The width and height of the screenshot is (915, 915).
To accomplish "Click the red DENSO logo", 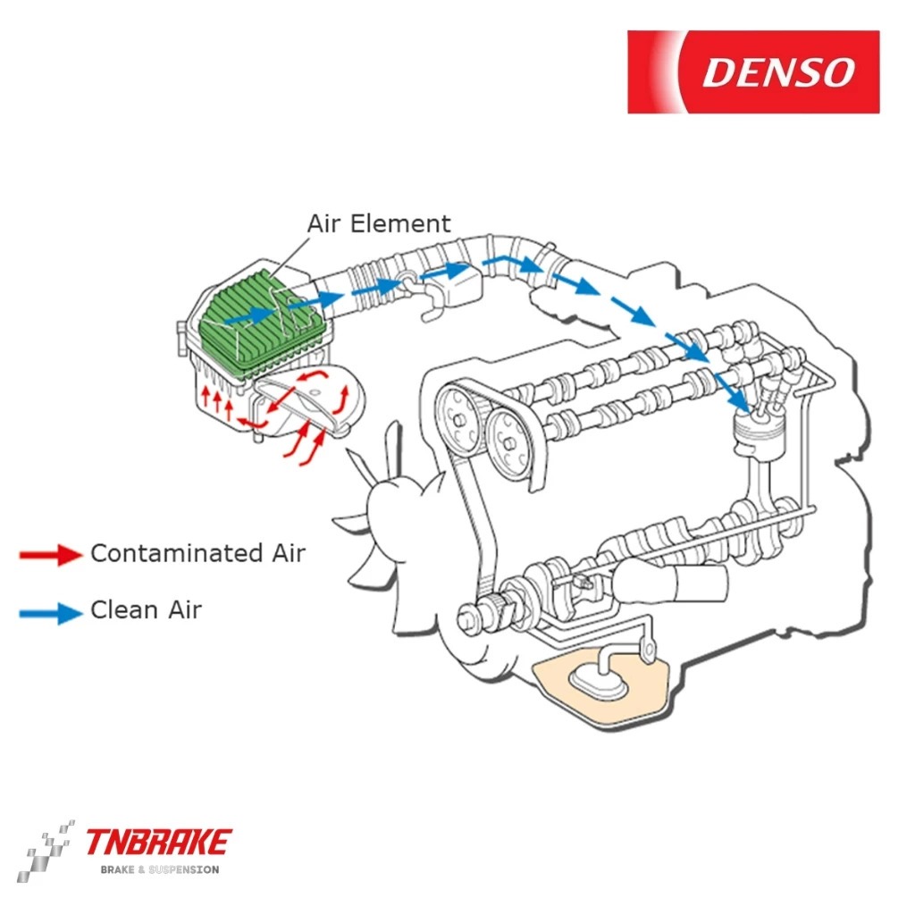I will click(752, 71).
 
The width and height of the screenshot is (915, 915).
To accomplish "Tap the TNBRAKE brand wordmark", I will click(158, 842).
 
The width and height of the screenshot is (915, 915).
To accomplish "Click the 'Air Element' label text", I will click(379, 222).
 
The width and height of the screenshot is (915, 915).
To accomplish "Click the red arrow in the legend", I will click(51, 555).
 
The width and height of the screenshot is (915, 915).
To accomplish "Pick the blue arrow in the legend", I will click(51, 612).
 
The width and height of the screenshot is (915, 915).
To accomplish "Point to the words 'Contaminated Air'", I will click(197, 553).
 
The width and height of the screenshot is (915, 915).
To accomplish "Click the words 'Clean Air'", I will click(146, 610).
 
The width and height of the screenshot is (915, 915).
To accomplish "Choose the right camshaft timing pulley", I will click(511, 442).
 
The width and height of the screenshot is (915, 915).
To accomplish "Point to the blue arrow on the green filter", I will click(249, 315).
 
